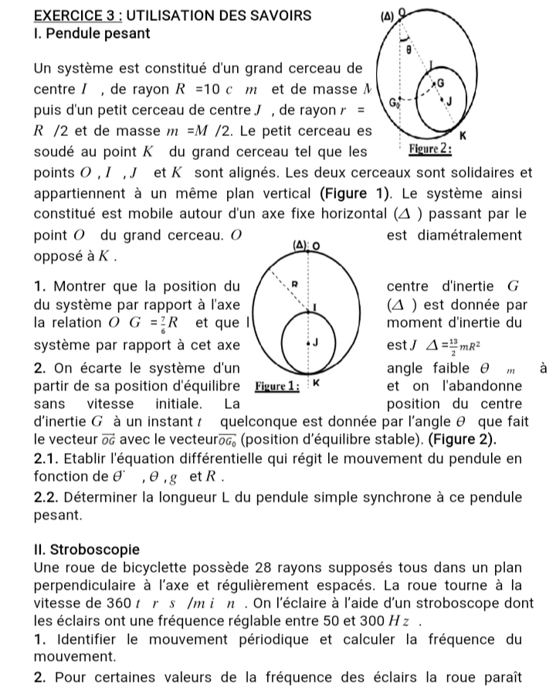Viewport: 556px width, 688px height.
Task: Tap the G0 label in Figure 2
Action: pos(395,102)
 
